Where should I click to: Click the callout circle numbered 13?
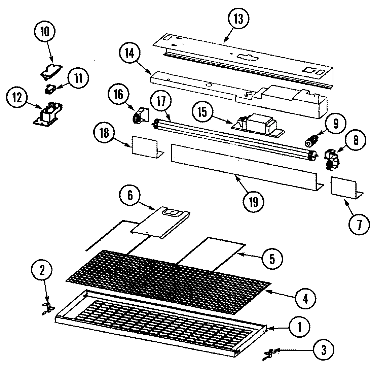click(x=238, y=19)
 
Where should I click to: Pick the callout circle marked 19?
click(x=253, y=202)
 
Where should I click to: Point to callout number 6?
click(x=130, y=196)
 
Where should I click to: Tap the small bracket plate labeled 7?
click(x=345, y=187)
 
